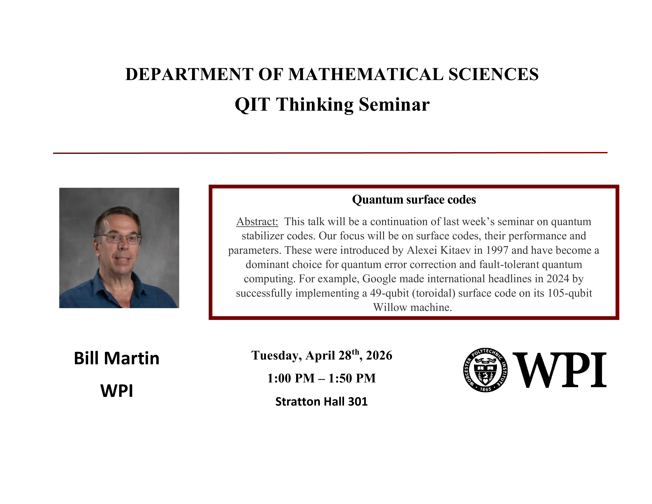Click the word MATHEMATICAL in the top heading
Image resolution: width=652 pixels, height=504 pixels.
tap(366, 74)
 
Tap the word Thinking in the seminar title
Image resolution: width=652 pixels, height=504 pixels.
tap(316, 105)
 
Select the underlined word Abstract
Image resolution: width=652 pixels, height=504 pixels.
tap(257, 222)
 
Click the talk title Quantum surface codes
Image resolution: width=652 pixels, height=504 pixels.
tap(414, 199)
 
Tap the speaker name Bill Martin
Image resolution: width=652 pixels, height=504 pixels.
tap(116, 358)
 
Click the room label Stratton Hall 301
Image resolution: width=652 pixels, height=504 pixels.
tap(321, 402)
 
